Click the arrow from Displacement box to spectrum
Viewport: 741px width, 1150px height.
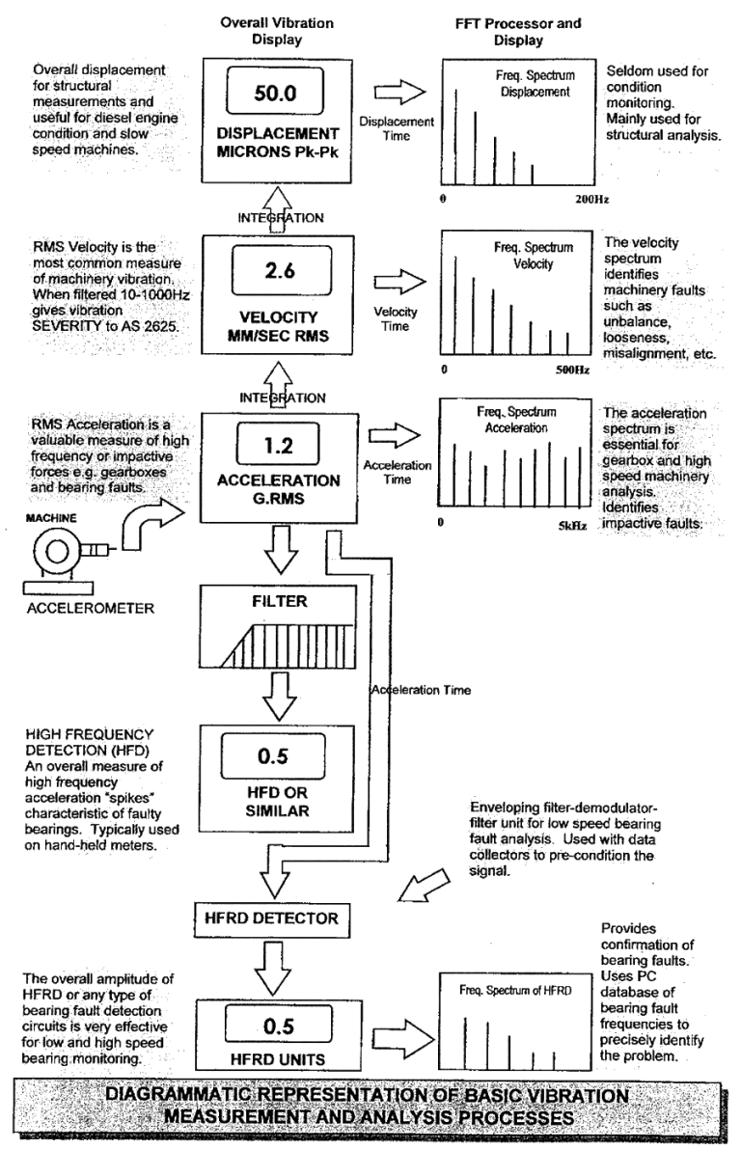click(x=398, y=92)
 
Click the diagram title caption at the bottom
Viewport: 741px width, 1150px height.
click(x=370, y=1108)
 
